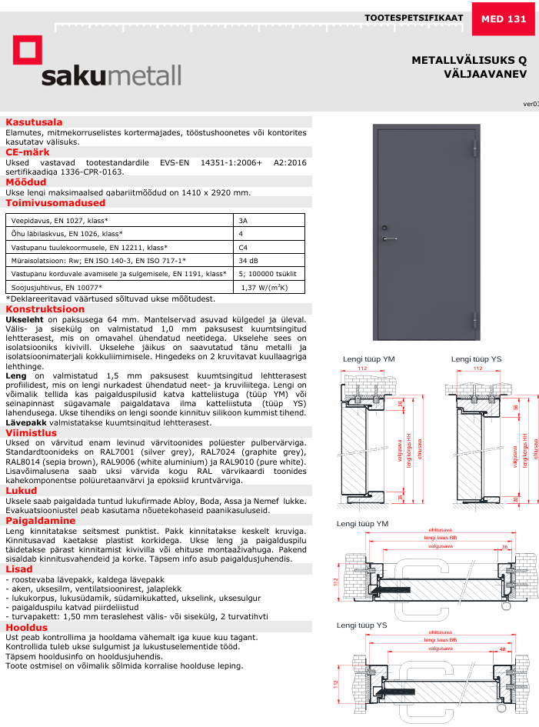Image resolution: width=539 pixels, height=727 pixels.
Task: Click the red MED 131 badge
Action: (504, 18)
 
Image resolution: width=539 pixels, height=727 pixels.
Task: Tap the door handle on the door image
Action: (388, 238)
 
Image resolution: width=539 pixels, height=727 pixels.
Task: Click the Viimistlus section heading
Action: (32, 432)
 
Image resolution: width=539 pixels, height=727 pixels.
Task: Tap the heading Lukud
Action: (22, 489)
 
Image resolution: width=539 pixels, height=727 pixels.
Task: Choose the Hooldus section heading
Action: (27, 627)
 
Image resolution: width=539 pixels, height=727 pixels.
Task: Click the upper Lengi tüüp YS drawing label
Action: (477, 359)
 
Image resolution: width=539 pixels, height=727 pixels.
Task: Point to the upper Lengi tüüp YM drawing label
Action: (369, 359)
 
